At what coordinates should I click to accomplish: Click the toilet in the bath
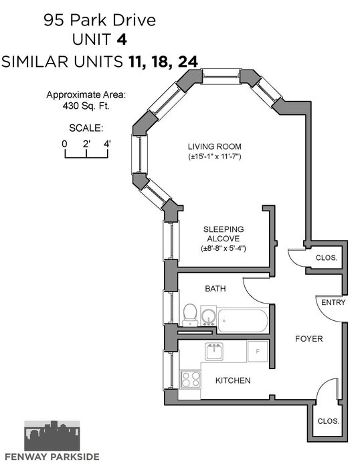coord(190,315)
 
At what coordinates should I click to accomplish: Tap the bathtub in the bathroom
coord(243,321)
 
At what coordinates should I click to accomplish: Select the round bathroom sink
coord(208,316)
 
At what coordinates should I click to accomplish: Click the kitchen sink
coord(214,352)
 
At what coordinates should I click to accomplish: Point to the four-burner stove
coord(191,379)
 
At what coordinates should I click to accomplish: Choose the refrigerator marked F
coord(258,351)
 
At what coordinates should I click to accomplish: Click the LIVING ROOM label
coord(215,146)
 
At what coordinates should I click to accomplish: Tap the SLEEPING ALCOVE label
coord(223,234)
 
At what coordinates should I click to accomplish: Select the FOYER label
coord(309,338)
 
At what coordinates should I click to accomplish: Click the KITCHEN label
coord(233,380)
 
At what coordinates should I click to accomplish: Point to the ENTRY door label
coord(333,302)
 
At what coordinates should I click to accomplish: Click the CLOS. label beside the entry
coord(327,257)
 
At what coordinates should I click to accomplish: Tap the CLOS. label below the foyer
coord(328,421)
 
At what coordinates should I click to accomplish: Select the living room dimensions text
coord(215,156)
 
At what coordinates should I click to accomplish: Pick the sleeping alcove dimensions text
coord(223,248)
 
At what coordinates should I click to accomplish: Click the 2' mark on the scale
coord(86,144)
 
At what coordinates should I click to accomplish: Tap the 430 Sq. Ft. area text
coord(86,106)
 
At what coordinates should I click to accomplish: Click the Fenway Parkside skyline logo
coord(52,436)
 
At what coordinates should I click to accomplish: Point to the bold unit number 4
coord(122,39)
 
